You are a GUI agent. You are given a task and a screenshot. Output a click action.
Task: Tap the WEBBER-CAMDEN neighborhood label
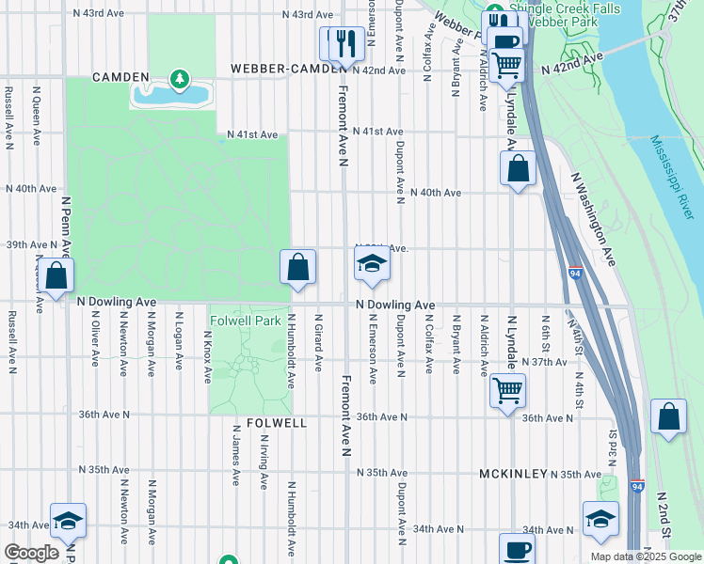279,70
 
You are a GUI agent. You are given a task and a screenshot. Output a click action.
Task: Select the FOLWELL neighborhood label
277,424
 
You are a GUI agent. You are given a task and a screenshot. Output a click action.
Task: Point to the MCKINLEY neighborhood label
512,474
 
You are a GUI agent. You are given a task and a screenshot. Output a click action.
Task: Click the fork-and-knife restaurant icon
341,42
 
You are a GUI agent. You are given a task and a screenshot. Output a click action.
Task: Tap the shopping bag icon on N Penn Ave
56,276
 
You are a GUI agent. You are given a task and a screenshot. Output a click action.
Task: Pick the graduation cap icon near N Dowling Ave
373,266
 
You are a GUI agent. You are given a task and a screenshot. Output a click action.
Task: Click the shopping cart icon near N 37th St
507,388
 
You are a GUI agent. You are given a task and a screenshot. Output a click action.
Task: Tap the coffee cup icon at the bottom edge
516,550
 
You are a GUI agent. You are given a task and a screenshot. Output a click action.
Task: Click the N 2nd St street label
664,513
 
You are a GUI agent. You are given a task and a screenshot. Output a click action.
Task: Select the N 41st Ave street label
252,135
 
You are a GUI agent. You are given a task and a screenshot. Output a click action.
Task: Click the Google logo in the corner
31,553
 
